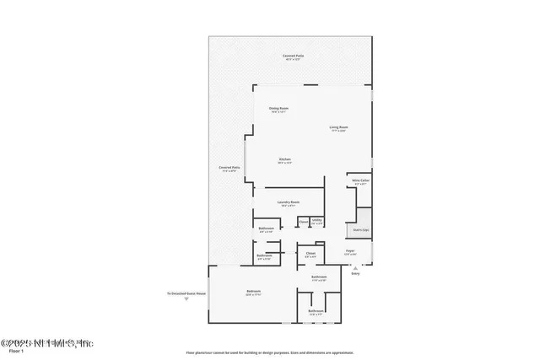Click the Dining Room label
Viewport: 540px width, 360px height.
[x=278, y=109]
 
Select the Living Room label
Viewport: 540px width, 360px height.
[x=339, y=128]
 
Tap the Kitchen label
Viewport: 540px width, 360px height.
[x=285, y=160]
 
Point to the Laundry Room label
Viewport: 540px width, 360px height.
[x=289, y=202]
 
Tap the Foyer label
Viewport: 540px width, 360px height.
[x=349, y=251]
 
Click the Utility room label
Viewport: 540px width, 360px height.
[x=316, y=221]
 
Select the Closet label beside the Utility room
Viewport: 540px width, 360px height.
[x=302, y=221]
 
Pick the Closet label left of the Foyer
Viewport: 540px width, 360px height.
[x=310, y=254]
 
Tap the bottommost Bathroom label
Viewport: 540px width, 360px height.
[x=316, y=312]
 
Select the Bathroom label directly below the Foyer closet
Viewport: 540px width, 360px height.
[x=318, y=277]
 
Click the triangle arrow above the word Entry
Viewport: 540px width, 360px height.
[x=354, y=267]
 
